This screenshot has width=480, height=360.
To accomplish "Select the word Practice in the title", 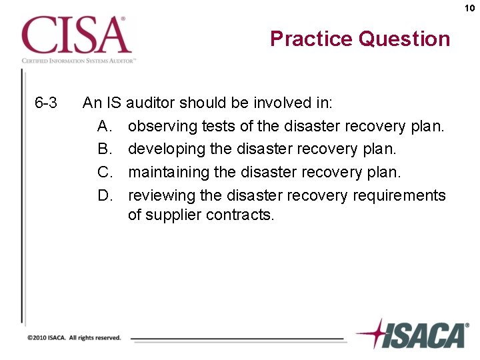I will pos(311,39).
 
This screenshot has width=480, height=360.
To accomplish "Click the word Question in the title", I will pos(404,39).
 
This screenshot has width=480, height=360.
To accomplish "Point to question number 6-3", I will pos(46,103).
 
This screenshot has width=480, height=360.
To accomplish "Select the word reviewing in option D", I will pos(161,195).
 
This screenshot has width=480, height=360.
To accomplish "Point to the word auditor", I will pos(150,103).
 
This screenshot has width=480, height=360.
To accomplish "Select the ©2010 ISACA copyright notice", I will pos(74,338).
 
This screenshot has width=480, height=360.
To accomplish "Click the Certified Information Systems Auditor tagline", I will pos(79,61).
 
